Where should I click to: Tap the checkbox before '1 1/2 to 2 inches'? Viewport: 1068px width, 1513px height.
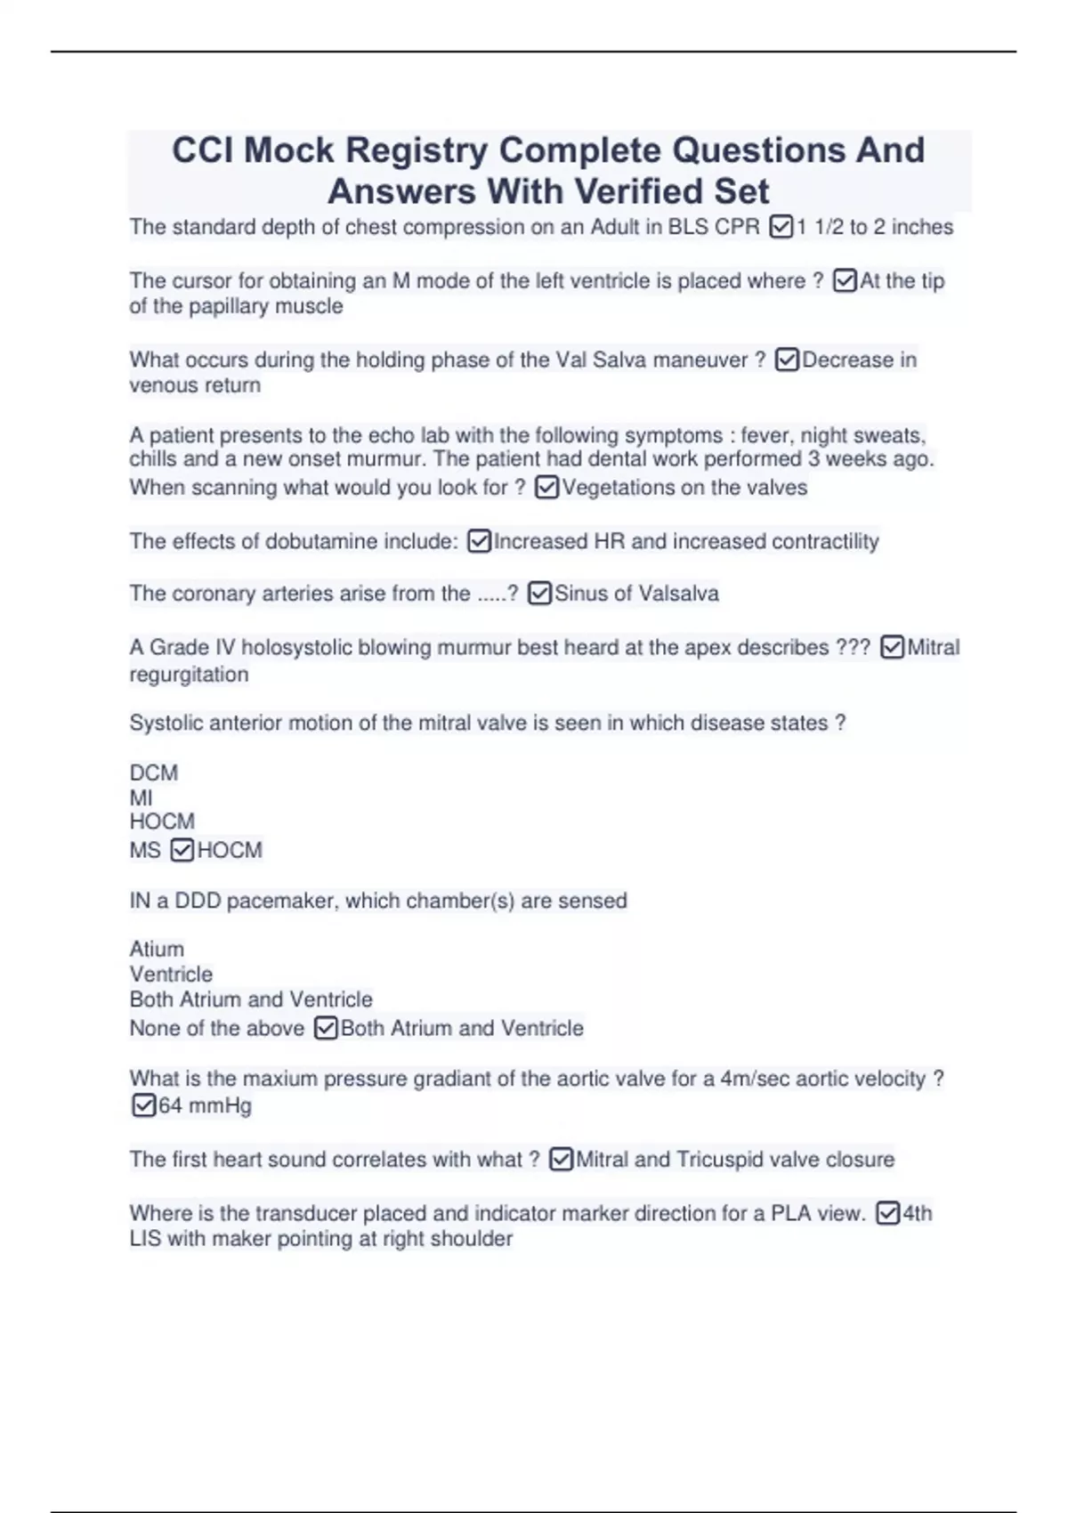[781, 228]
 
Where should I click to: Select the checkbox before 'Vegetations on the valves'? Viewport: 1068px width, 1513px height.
[547, 488]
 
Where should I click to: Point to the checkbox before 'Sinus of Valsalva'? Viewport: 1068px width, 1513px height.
[539, 594]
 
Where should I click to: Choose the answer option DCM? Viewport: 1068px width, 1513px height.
[154, 773]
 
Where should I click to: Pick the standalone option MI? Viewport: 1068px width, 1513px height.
[141, 797]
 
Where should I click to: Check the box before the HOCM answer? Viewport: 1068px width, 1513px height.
[182, 851]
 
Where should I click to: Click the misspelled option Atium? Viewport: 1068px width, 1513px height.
[157, 949]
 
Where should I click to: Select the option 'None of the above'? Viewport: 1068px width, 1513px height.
[217, 1028]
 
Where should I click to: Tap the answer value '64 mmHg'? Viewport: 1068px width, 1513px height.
[205, 1105]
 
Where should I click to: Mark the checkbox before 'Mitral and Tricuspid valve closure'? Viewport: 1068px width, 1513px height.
[561, 1160]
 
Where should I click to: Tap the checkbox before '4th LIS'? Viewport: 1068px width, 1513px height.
[887, 1213]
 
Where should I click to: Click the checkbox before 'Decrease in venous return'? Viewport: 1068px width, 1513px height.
[787, 360]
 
